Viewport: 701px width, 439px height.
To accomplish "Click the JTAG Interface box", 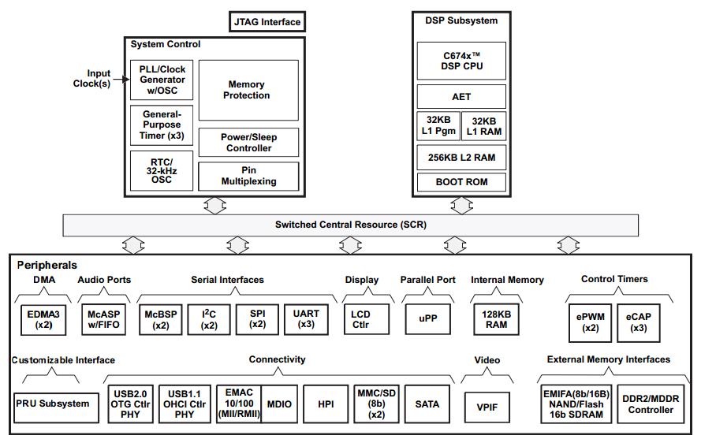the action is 267,22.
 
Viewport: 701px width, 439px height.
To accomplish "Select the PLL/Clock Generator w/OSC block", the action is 162,80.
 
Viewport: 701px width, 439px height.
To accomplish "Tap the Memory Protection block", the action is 248,91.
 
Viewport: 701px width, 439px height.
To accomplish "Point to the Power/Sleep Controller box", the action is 248,143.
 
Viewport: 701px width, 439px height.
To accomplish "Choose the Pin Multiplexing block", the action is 248,176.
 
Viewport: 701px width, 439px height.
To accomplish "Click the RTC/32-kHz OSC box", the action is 162,171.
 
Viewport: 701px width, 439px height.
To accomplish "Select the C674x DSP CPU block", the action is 462,61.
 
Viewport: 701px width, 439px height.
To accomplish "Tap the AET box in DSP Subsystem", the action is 462,97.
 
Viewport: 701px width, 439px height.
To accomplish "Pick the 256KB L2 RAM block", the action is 462,158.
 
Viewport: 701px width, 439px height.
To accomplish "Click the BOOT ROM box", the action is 462,182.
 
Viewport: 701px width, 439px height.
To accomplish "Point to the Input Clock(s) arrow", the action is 121,80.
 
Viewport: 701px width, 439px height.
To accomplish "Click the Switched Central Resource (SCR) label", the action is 350,225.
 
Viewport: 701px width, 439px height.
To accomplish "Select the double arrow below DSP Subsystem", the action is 462,206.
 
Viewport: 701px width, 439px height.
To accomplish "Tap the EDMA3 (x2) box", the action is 43,320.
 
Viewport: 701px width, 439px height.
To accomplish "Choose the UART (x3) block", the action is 306,320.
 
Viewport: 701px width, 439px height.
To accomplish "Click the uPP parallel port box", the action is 428,319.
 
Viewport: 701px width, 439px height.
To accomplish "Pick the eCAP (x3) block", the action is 639,323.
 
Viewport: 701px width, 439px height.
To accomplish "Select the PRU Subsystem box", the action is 56,407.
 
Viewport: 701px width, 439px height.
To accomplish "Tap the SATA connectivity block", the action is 427,404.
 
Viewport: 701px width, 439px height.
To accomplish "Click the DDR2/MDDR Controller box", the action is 651,404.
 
